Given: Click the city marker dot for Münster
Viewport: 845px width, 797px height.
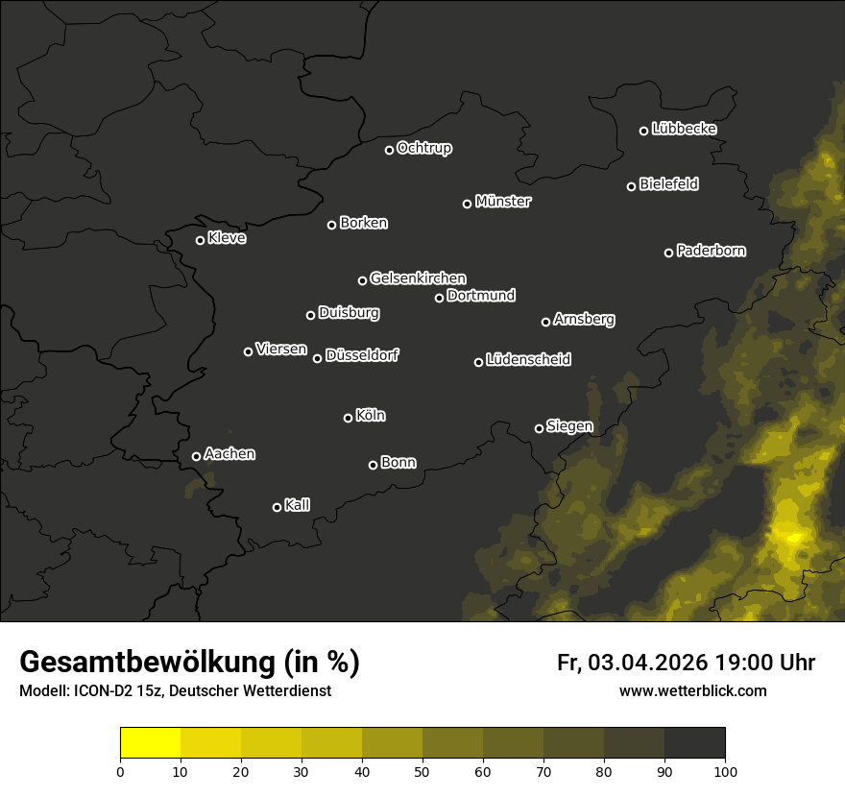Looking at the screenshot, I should (468, 204).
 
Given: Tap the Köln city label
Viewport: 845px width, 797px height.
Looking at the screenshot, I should (371, 416).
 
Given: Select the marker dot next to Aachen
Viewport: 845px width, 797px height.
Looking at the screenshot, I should (197, 456).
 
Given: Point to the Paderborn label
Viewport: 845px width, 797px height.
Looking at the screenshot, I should (712, 251).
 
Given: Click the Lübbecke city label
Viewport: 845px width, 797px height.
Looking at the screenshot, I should (684, 129).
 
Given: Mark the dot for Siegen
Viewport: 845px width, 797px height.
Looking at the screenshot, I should (539, 428).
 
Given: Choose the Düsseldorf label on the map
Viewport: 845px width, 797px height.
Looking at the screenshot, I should (362, 355).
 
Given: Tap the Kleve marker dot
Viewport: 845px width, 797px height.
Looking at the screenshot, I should (201, 240).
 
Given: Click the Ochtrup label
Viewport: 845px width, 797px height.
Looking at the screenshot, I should (424, 148).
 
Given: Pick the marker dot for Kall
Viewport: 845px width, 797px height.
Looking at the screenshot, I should (278, 507).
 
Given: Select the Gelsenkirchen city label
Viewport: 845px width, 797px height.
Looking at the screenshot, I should (418, 278).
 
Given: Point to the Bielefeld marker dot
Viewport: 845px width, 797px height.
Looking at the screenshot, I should (632, 186).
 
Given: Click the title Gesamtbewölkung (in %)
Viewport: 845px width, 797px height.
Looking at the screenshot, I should (189, 663).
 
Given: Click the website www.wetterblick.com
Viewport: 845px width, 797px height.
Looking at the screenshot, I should (693, 690).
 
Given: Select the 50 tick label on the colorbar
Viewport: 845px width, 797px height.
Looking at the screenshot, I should (422, 770).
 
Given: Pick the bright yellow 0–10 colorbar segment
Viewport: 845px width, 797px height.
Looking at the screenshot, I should (151, 743).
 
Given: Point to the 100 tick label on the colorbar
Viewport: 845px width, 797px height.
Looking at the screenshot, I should (725, 770).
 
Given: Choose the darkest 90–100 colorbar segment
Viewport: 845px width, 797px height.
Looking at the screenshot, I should (694, 743).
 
